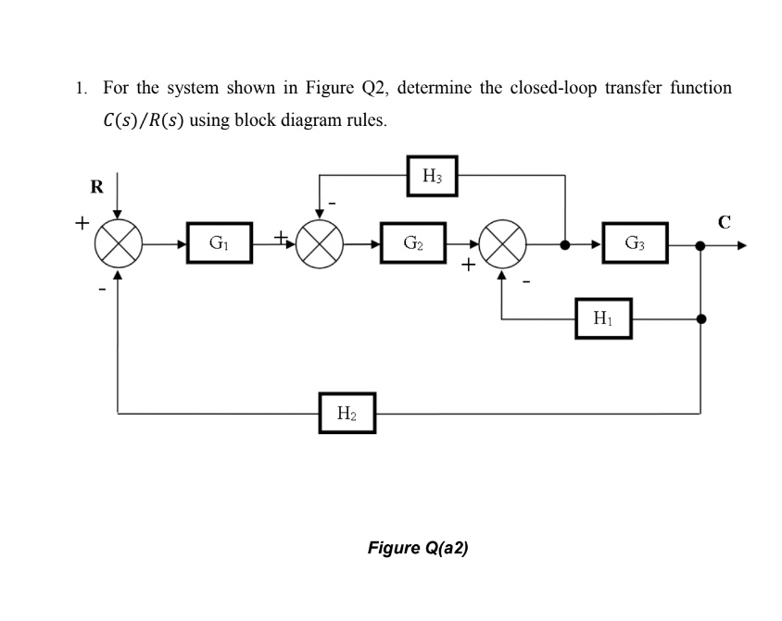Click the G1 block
[220, 244]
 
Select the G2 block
[413, 244]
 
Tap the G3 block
[635, 244]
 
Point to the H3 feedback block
[433, 176]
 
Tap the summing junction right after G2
[502, 245]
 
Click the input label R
[96, 187]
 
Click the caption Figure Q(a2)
[418, 548]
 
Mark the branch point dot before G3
[565, 245]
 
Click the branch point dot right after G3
[700, 245]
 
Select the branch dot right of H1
[700, 319]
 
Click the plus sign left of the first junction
[82, 224]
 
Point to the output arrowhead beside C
[740, 245]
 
